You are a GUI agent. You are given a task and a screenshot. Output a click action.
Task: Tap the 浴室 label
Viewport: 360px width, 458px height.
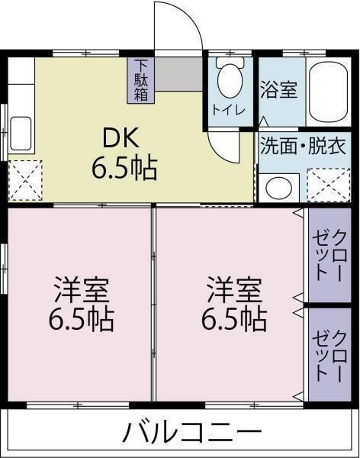[x=278, y=89]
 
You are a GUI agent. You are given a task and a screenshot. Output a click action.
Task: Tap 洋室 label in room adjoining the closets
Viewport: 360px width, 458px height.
[x=233, y=290]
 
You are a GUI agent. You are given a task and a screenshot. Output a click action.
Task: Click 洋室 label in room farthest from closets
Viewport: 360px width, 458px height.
[x=81, y=290]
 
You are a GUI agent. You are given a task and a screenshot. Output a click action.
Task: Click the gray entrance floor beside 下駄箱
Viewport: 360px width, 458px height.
[x=178, y=72]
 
